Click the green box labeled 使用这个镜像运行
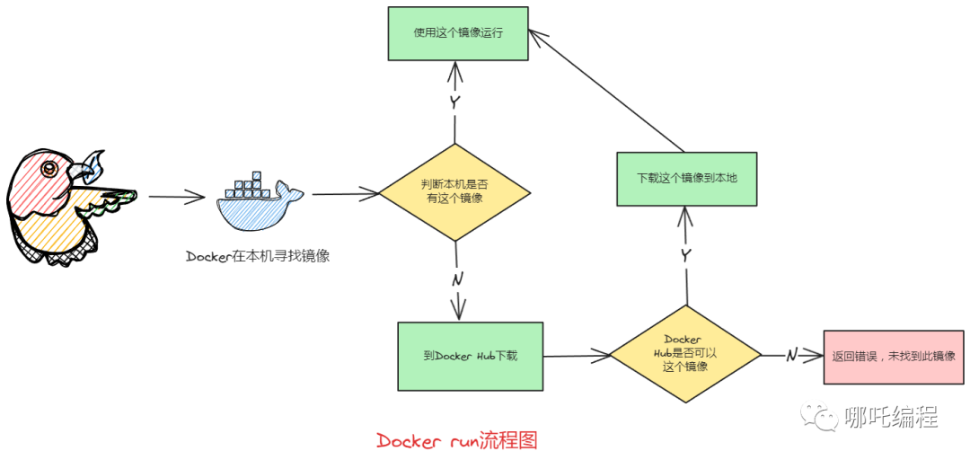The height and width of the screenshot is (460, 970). click(458, 33)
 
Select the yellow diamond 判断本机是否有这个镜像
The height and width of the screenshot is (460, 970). click(454, 191)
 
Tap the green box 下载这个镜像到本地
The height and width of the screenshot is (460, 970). click(687, 179)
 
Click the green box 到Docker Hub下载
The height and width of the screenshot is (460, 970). click(470, 356)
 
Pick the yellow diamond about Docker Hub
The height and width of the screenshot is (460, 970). click(685, 353)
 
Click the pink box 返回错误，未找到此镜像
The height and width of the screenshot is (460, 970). click(893, 356)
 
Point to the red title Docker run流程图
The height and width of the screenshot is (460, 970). click(456, 440)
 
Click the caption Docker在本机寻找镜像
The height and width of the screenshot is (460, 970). click(258, 256)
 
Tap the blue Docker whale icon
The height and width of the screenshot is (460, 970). click(259, 202)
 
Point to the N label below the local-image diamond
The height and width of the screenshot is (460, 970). click(457, 279)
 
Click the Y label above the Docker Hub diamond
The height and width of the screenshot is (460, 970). click(686, 255)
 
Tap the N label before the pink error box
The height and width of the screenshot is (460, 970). click(791, 355)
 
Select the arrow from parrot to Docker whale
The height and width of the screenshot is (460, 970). click(177, 196)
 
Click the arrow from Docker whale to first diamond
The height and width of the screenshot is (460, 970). click(345, 192)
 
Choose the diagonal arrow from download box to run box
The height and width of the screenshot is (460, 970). click(606, 90)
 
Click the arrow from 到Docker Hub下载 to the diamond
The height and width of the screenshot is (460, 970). click(576, 356)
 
